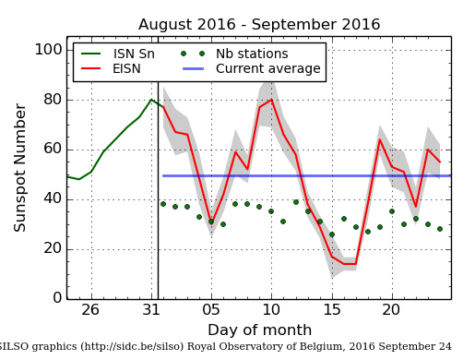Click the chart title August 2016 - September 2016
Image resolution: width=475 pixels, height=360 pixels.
258,25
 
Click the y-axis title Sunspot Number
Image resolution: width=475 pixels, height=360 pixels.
20,167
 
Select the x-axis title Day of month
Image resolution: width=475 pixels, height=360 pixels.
259,330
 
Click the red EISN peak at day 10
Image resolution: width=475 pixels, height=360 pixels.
271,100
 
